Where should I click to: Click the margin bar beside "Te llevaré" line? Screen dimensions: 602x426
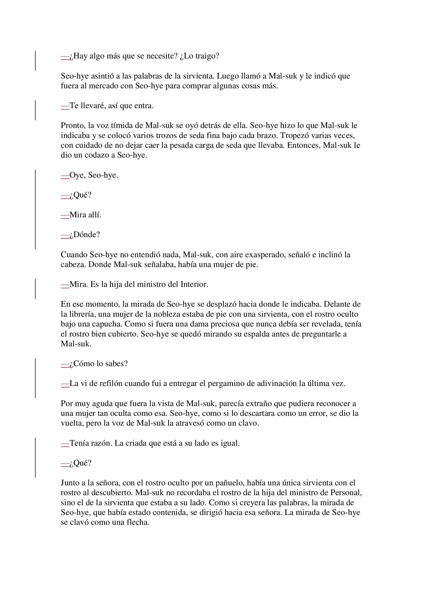pyautogui.click(x=35, y=110)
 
